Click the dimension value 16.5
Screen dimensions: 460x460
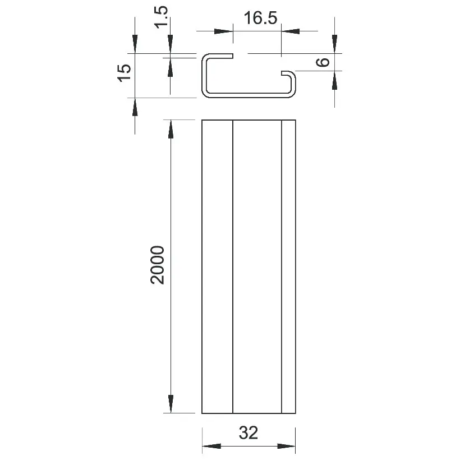point(260,18)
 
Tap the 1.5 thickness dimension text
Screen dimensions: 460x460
point(162,17)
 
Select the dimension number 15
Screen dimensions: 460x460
point(125,73)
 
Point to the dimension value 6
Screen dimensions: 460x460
point(323,62)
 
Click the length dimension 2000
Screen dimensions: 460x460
point(158,265)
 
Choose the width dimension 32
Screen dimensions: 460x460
point(249,433)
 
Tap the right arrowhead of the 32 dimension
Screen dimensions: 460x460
point(286,446)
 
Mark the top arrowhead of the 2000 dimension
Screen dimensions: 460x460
point(171,129)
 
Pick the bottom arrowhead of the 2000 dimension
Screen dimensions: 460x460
point(171,404)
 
